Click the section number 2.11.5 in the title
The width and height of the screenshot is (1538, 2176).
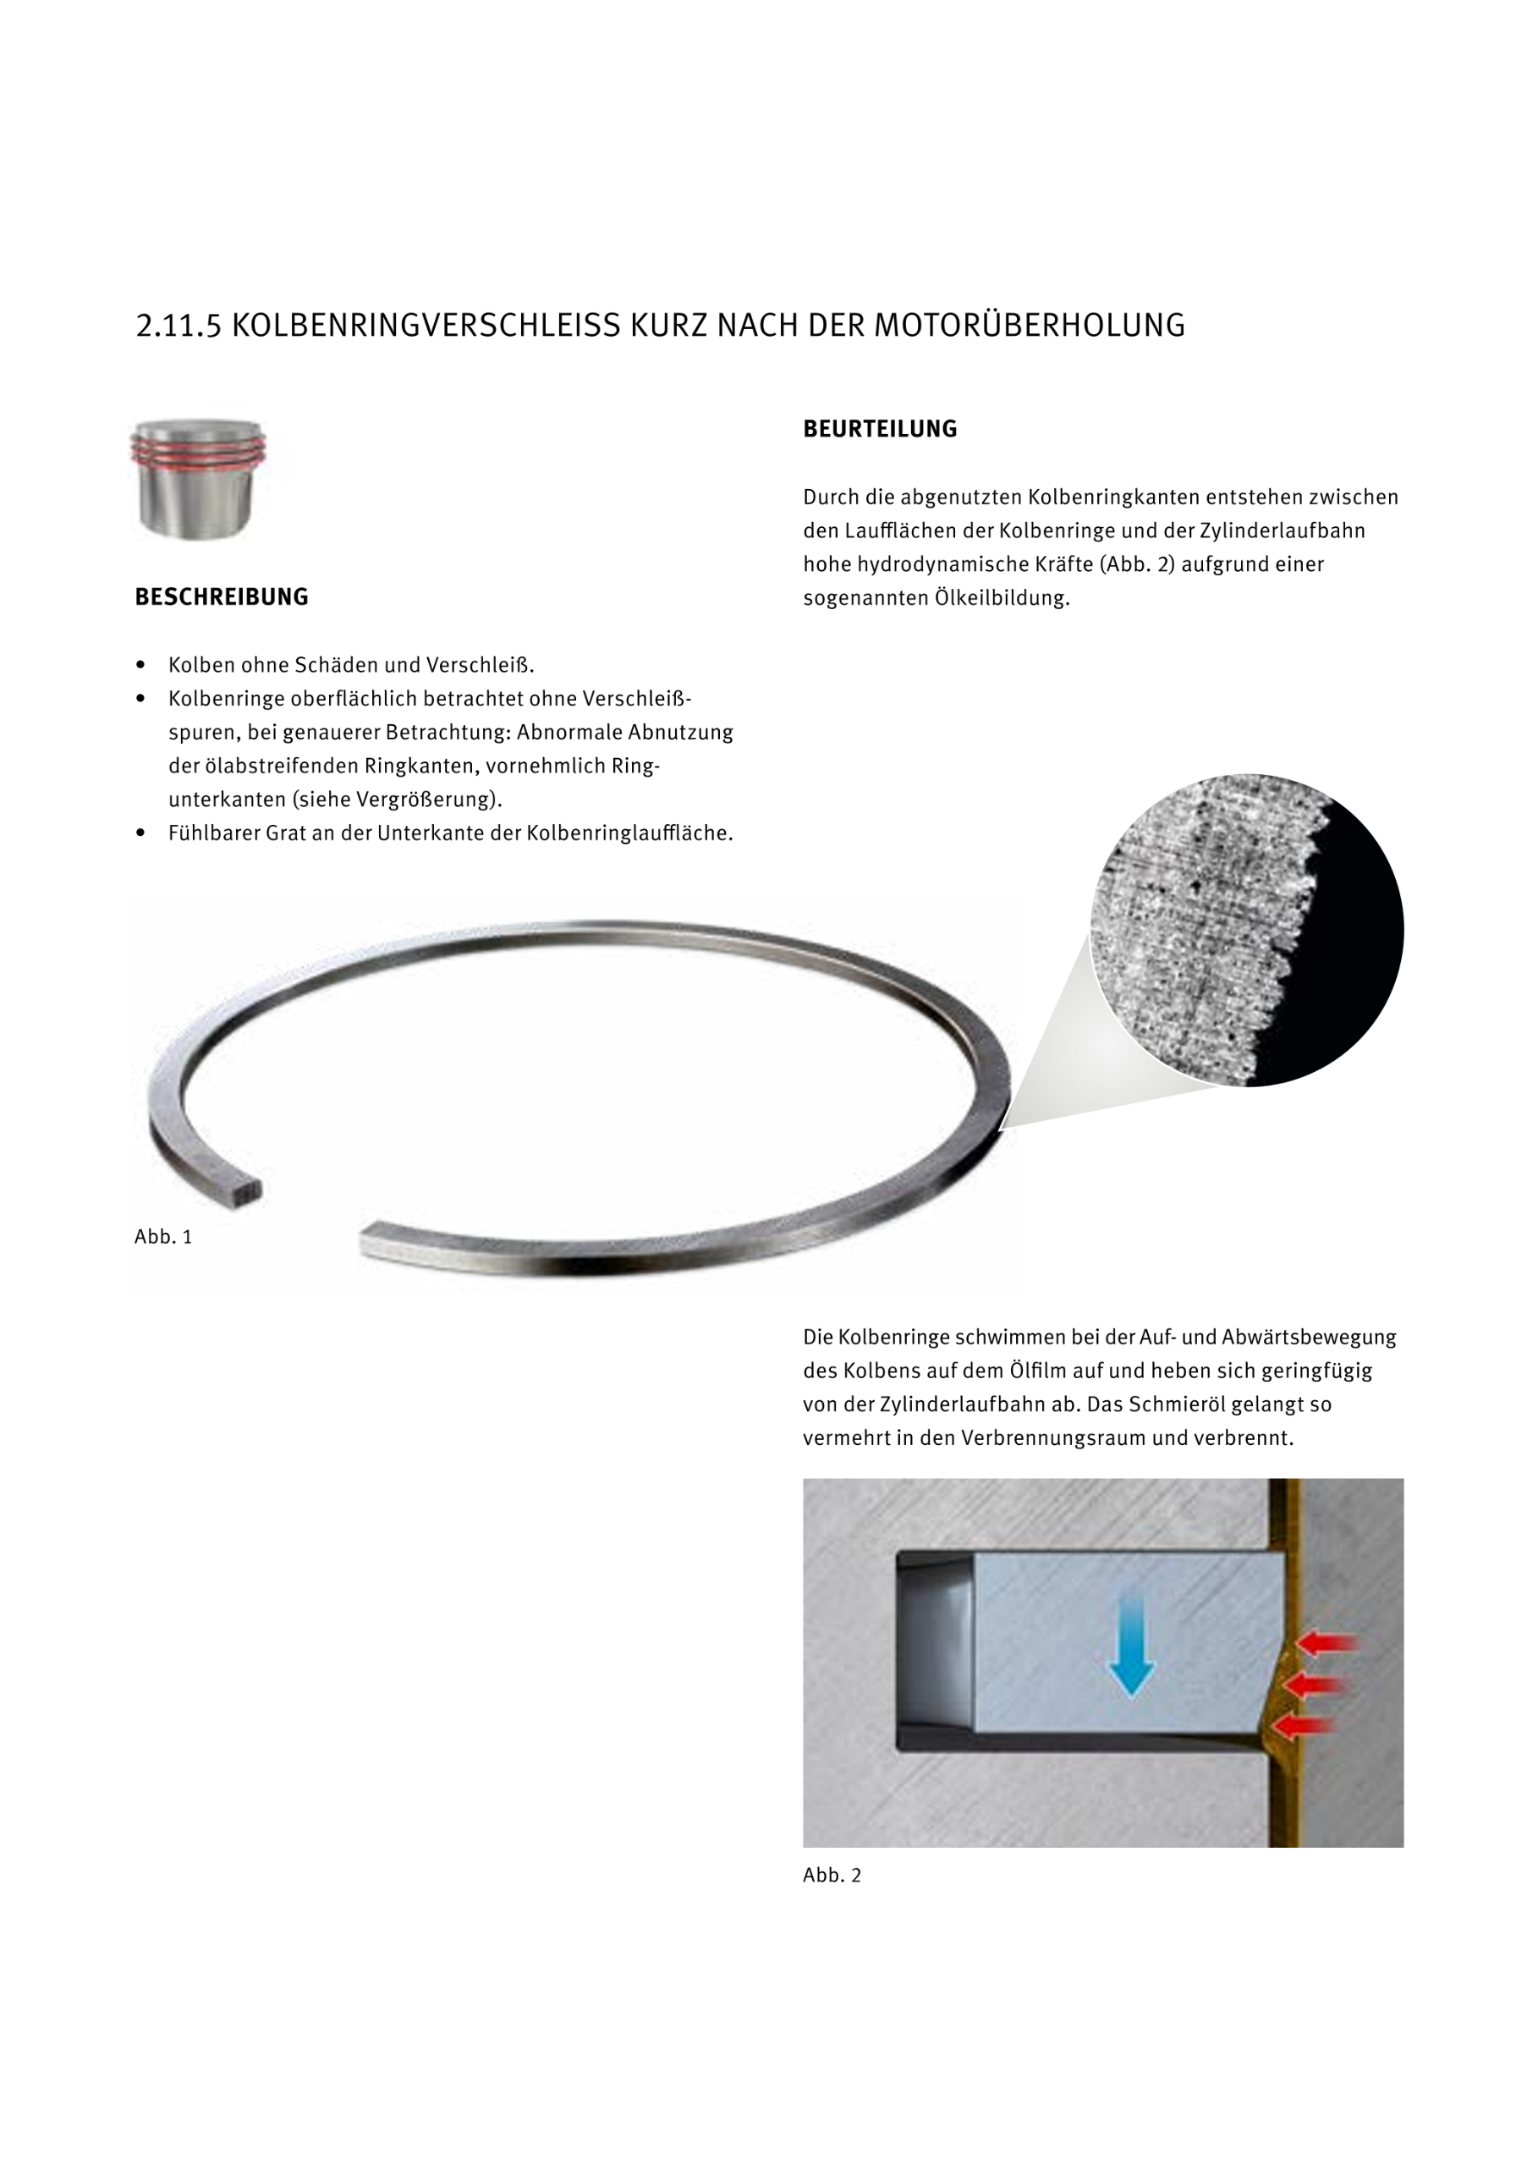[x=179, y=326]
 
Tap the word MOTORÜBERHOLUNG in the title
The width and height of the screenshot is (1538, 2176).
[x=1028, y=326]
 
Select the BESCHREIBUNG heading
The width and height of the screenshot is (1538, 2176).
[x=222, y=597]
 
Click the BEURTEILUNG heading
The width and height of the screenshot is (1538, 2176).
[x=879, y=429]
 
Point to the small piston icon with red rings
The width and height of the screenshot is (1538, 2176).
[x=198, y=480]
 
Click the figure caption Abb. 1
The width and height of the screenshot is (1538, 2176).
[x=163, y=1237]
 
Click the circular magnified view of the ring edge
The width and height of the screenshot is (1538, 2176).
[x=1246, y=930]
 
